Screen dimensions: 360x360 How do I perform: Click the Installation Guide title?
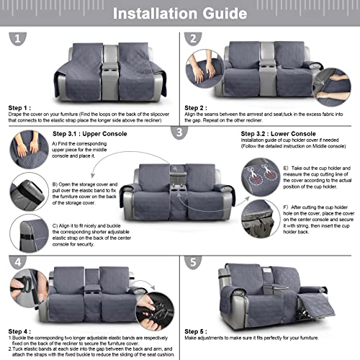coord(180,14)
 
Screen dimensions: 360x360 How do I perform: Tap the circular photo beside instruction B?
coord(28,192)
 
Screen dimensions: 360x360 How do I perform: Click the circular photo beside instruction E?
coord(258,179)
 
